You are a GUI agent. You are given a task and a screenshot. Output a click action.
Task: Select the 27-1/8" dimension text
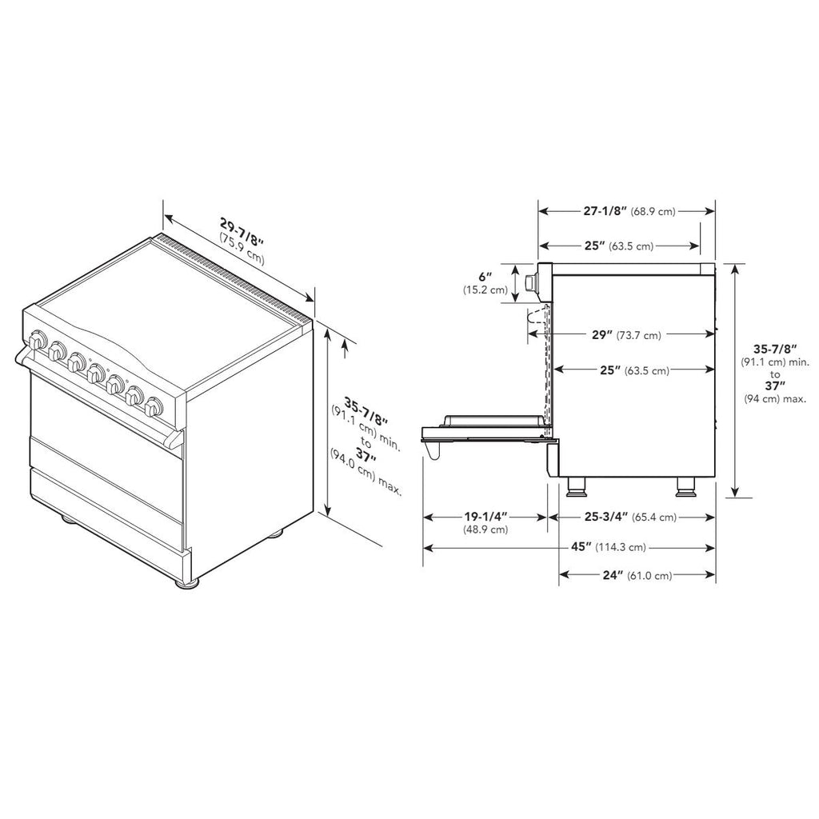click(605, 211)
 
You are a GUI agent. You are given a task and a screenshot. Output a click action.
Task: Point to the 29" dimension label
click(601, 335)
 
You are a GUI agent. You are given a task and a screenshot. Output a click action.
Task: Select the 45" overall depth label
click(581, 547)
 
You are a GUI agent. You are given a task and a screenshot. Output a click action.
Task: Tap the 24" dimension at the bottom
click(613, 575)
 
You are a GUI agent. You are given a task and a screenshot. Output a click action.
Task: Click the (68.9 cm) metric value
click(653, 211)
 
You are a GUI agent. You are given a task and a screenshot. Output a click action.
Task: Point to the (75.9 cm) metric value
click(242, 248)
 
